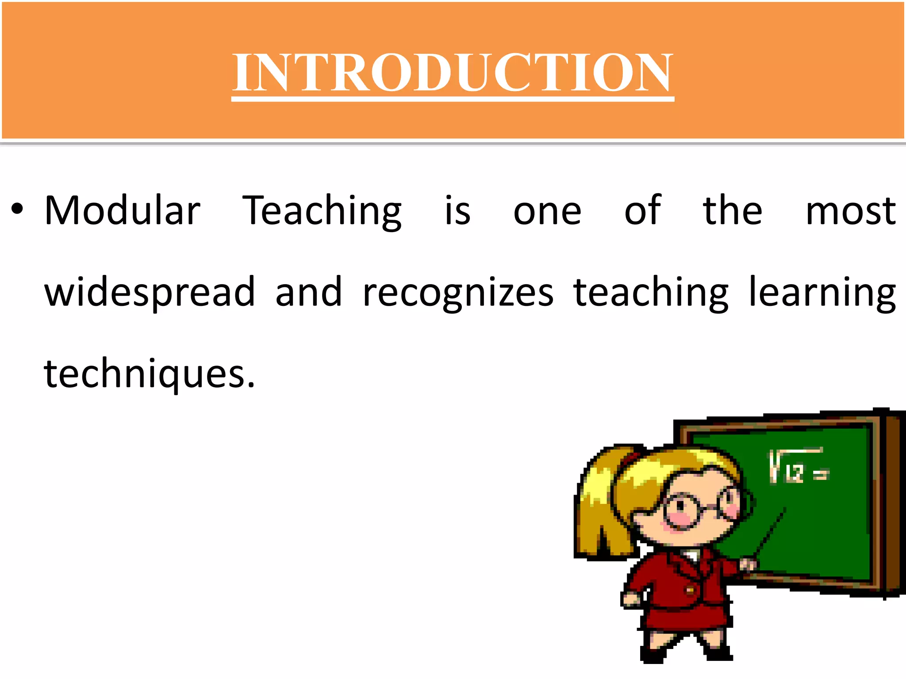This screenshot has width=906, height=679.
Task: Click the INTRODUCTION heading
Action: point(453,72)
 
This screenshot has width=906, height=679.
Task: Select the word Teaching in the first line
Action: point(322,211)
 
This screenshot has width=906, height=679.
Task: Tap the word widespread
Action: point(150,293)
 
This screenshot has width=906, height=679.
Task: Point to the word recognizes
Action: point(458,293)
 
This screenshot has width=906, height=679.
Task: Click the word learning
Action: point(822,293)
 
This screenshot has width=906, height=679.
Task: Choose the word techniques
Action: point(150,374)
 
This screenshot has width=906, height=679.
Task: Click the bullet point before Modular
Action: point(17,209)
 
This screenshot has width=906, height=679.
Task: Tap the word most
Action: point(850,211)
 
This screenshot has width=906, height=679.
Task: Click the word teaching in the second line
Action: point(651,293)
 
